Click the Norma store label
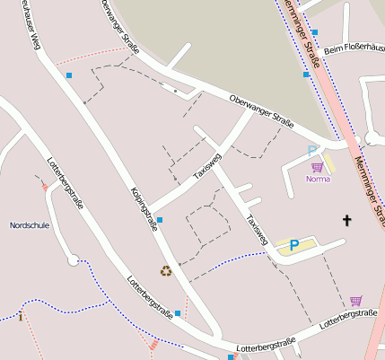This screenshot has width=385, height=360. pyautogui.click(x=318, y=179)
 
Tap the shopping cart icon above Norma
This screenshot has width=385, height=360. pyautogui.click(x=316, y=167)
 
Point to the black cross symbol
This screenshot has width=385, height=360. pyautogui.click(x=347, y=220)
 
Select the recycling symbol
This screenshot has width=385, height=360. pyautogui.click(x=165, y=270)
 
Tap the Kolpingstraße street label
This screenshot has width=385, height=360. pyautogui.click(x=144, y=212)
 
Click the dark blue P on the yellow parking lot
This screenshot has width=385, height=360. pyautogui.click(x=293, y=244)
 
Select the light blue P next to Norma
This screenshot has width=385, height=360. pyautogui.click(x=311, y=152)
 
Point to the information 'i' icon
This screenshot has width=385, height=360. pyautogui.click(x=20, y=316)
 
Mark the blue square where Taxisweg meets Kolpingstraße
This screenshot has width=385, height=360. pyautogui.click(x=160, y=220)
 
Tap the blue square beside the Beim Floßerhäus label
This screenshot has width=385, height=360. pyautogui.click(x=314, y=32)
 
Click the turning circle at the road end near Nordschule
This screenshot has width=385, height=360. pyautogui.click(x=73, y=260)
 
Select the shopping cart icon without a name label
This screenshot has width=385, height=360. pyautogui.click(x=355, y=301)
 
